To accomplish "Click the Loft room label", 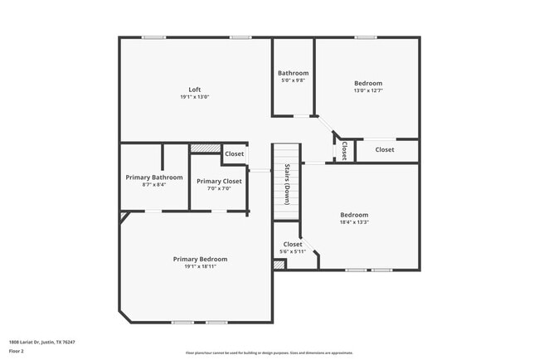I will pyautogui.click(x=195, y=90).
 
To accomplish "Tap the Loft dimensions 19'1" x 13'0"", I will pyautogui.click(x=195, y=97).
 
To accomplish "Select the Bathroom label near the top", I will pyautogui.click(x=293, y=73).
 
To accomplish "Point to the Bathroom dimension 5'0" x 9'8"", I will pyautogui.click(x=293, y=80).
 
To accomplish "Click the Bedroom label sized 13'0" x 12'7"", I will pyautogui.click(x=368, y=83).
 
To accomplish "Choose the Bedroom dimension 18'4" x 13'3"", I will pyautogui.click(x=354, y=221).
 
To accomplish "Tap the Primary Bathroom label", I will pyautogui.click(x=154, y=178).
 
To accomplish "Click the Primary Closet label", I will pyautogui.click(x=219, y=181).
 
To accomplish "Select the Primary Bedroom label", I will pyautogui.click(x=200, y=259).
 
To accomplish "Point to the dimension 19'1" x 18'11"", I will pyautogui.click(x=200, y=266).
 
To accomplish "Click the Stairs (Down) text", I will pyautogui.click(x=287, y=184).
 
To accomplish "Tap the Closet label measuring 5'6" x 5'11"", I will pyautogui.click(x=293, y=245).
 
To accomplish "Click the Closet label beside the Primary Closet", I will pyautogui.click(x=235, y=153).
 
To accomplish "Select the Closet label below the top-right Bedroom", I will pyautogui.click(x=385, y=149).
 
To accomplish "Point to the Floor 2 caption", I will pyautogui.click(x=17, y=351).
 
